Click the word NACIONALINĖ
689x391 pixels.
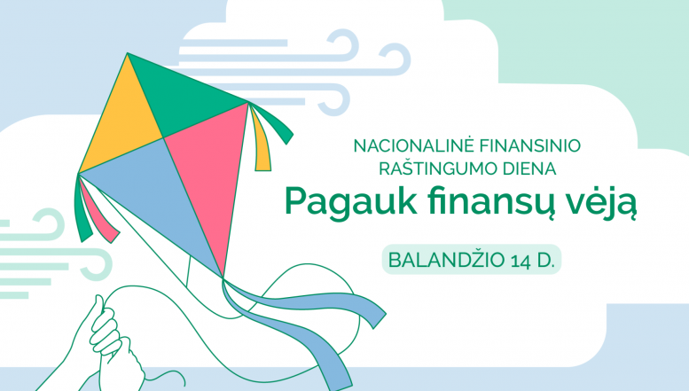[x=412, y=145]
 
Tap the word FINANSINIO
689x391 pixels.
[x=529, y=145]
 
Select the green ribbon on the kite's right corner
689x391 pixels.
[x=273, y=123]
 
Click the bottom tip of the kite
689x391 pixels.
[x=223, y=278]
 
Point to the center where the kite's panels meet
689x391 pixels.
[x=163, y=138]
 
